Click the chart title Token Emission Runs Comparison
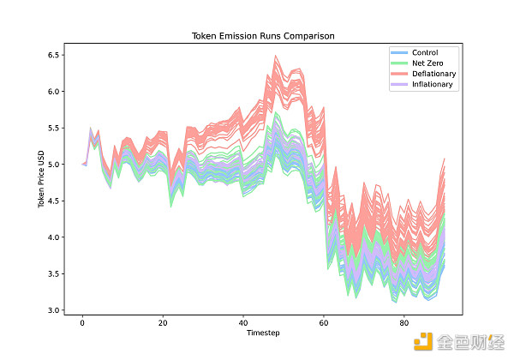pos(262,37)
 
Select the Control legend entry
pos(425,53)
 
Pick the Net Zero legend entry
pos(427,63)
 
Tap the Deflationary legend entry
pos(433,74)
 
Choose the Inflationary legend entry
pos(433,85)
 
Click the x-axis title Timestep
pos(262,333)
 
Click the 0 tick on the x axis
pos(82,322)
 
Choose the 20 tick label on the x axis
pos(163,322)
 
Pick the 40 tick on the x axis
pos(243,322)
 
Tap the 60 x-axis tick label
pos(324,322)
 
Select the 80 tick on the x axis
pos(404,322)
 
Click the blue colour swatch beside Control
pos(398,53)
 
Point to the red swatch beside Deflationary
pos(398,74)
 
